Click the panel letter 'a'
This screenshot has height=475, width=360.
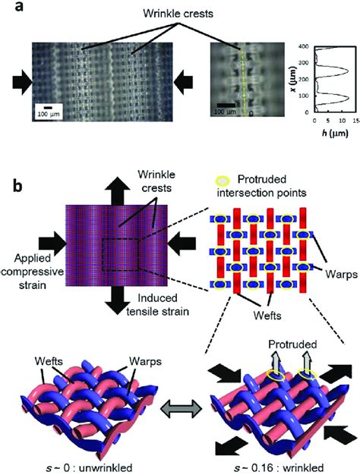19,6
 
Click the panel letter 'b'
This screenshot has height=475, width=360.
18,186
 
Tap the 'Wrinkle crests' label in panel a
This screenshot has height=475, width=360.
178,14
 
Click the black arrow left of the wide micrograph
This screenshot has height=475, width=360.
22,82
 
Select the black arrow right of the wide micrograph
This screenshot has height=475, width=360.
183,82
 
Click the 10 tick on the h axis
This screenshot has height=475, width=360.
342,121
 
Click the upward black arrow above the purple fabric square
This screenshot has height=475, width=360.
117,190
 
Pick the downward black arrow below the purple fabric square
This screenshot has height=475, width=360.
117,300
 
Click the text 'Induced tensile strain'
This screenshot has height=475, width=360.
157,304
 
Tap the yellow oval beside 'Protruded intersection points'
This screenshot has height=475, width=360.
223,181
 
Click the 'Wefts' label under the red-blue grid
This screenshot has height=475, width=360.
267,316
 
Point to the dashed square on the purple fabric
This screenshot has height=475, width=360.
120,255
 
